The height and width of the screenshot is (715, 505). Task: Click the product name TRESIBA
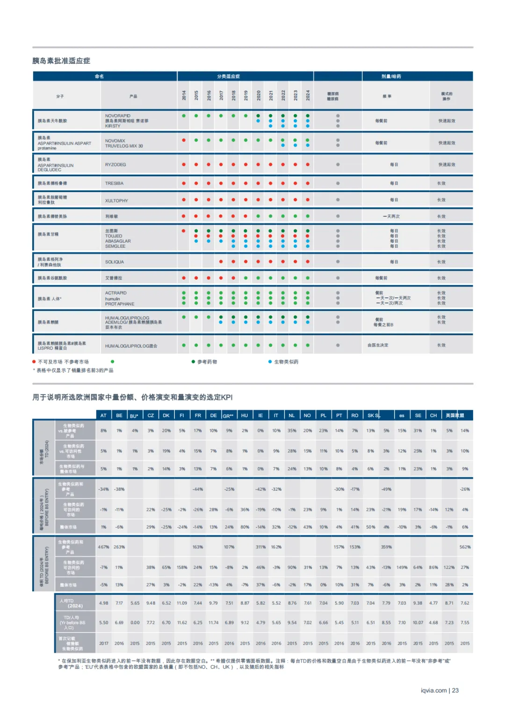[x=114, y=184]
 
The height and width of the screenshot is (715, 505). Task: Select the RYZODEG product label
[x=115, y=165]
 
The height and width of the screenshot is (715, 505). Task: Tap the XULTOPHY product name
[x=116, y=200]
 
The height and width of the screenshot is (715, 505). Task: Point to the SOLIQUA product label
[x=115, y=262]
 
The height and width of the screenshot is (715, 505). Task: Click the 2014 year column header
[x=184, y=96]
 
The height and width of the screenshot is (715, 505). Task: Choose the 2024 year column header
[x=308, y=96]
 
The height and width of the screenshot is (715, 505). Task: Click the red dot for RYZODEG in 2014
[x=184, y=164]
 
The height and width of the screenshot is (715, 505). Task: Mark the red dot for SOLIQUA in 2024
[x=308, y=262]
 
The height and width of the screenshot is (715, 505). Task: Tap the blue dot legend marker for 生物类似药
[x=270, y=361]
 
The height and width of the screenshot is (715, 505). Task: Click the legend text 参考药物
[x=207, y=362]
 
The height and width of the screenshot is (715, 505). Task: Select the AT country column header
[x=103, y=415]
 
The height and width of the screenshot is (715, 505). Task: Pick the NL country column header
[x=292, y=415]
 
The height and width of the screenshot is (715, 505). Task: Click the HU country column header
[x=245, y=415]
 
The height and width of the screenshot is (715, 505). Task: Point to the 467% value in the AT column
[x=103, y=547]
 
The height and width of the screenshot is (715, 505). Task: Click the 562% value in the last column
[x=465, y=547]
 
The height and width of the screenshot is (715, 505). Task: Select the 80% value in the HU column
[x=245, y=527]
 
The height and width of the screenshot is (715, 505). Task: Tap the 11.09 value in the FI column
[x=182, y=603]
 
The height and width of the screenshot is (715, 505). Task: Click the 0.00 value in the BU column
[x=135, y=623]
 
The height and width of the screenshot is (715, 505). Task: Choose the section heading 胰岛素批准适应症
[x=61, y=61]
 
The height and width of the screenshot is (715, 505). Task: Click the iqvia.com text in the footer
[x=433, y=690]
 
